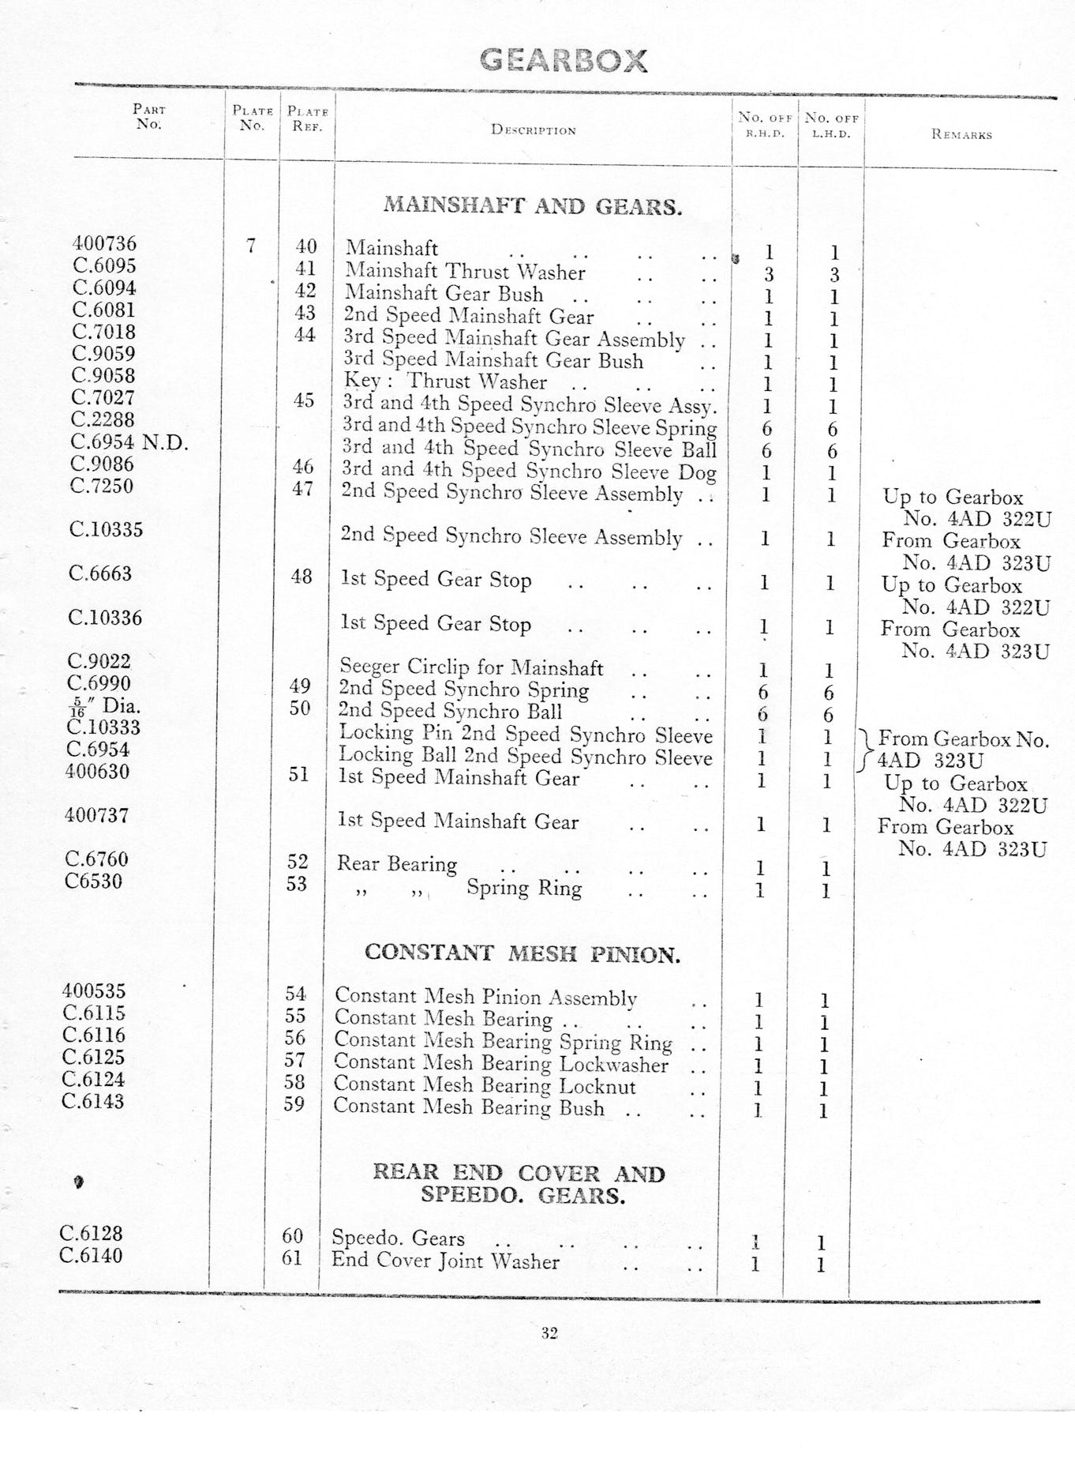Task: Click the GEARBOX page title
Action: click(x=564, y=61)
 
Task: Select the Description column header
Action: click(x=534, y=130)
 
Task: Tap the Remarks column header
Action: click(x=961, y=135)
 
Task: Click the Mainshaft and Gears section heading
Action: click(x=533, y=207)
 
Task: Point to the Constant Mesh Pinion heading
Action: click(x=522, y=954)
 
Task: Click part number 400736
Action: click(x=104, y=244)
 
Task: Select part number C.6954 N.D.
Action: click(x=129, y=442)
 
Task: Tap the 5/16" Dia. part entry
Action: click(x=104, y=706)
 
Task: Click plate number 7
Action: click(x=250, y=246)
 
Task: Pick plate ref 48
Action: click(x=302, y=577)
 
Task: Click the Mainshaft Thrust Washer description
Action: click(x=465, y=272)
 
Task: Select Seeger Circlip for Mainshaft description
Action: click(x=471, y=668)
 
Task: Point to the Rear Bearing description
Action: click(x=397, y=864)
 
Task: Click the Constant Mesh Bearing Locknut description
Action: click(x=485, y=1086)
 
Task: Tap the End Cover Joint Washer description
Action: click(x=445, y=1261)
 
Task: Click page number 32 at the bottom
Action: click(x=550, y=1333)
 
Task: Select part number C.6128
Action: click(x=92, y=1233)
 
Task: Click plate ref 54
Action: click(x=296, y=994)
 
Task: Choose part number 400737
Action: click(x=96, y=815)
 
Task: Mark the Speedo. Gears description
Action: click(x=398, y=1238)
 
